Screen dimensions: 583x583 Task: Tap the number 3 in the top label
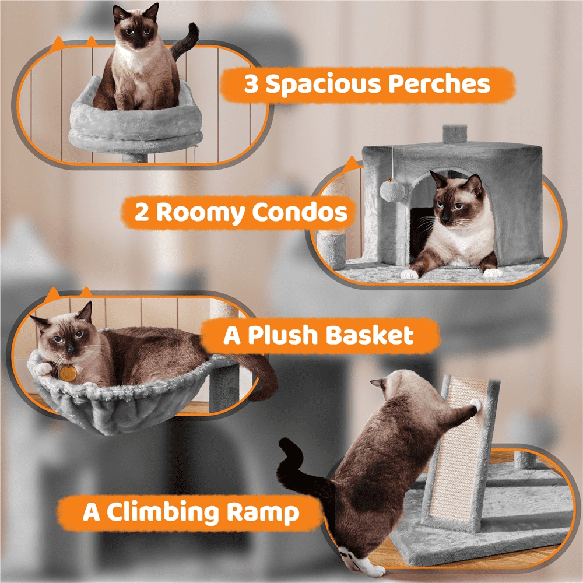point(251,85)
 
